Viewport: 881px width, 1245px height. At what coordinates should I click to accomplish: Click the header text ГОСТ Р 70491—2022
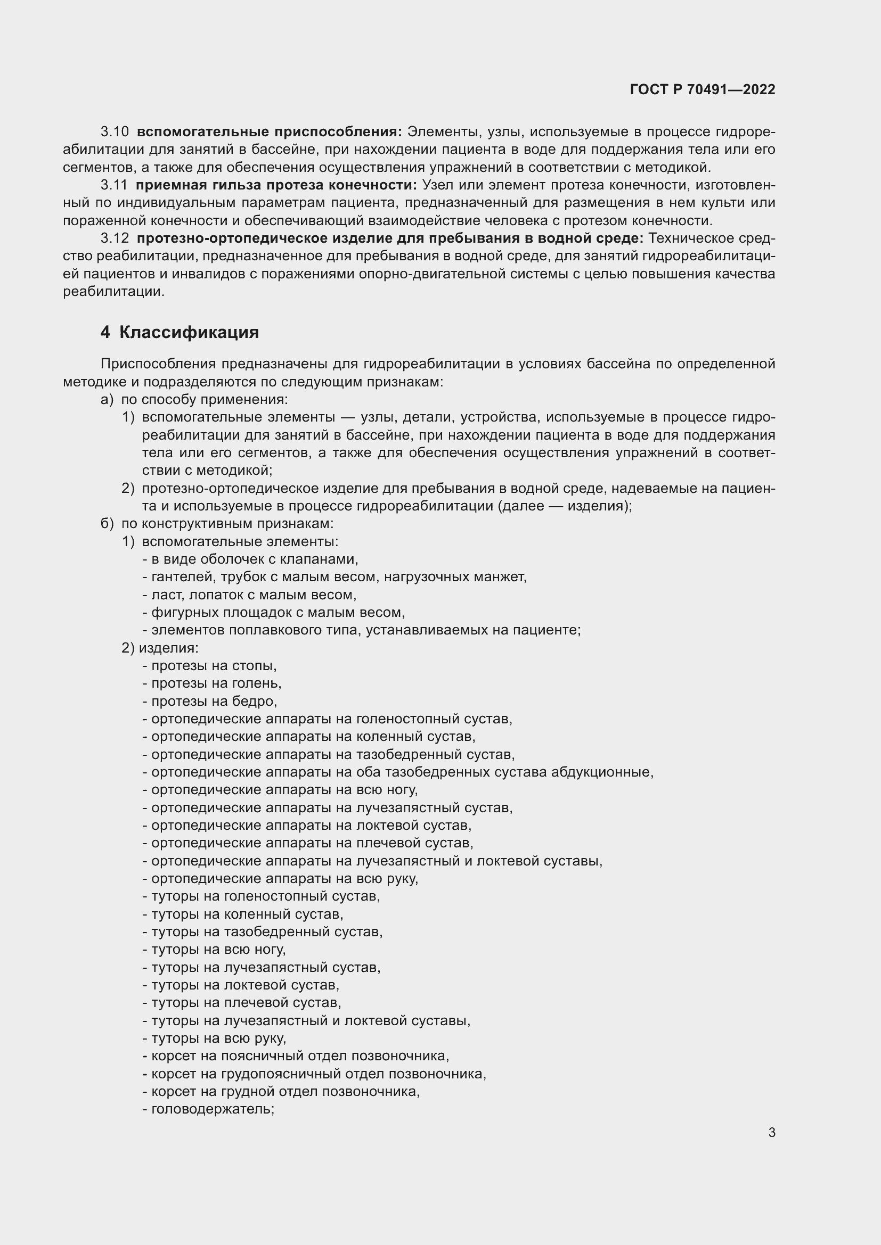[x=703, y=89]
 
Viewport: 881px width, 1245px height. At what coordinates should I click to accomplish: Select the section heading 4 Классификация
[x=180, y=332]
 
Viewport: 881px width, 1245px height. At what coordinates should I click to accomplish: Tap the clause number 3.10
[x=115, y=132]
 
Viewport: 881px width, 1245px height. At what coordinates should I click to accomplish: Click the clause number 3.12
[x=115, y=238]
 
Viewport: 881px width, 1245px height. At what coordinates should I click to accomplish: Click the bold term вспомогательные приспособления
[x=269, y=132]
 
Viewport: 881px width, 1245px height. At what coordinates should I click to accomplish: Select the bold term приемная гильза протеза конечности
[x=276, y=185]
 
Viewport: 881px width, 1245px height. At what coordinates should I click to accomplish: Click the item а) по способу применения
[x=194, y=400]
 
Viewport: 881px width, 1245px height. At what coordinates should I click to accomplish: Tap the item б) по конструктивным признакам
[x=217, y=524]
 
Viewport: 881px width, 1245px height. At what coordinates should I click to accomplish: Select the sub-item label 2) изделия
[x=160, y=648]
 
